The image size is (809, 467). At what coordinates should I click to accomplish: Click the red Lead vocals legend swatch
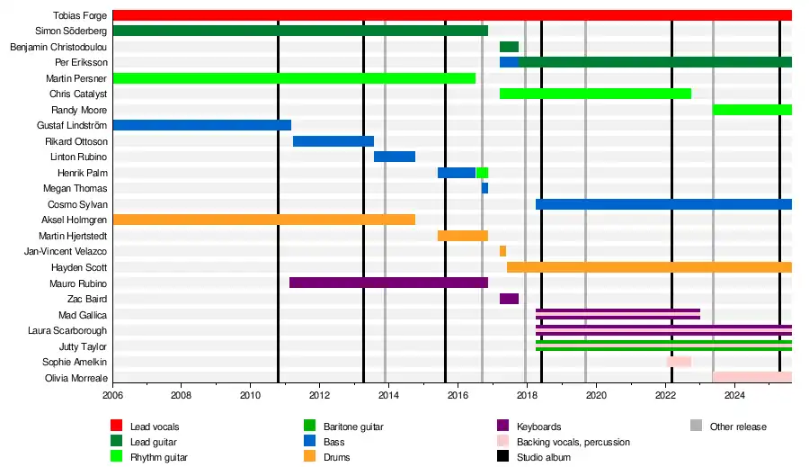pyautogui.click(x=116, y=426)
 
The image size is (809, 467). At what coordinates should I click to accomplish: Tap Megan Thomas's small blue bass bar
pyautogui.click(x=485, y=188)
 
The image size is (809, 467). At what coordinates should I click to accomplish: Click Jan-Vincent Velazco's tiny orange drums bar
pyautogui.click(x=502, y=251)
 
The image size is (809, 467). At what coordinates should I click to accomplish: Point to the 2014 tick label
pyautogui.click(x=388, y=395)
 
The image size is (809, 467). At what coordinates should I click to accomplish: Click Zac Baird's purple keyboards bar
pyautogui.click(x=509, y=299)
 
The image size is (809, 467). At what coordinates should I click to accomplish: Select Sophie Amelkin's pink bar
pyautogui.click(x=679, y=361)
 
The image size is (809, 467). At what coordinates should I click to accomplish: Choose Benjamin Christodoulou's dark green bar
pyautogui.click(x=509, y=47)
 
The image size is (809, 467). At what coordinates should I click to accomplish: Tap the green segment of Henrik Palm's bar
pyautogui.click(x=482, y=173)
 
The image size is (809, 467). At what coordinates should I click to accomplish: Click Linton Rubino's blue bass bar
pyautogui.click(x=395, y=157)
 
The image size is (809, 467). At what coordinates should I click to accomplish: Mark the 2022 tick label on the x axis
pyautogui.click(x=665, y=395)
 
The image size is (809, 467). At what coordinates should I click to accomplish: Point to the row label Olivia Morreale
pyautogui.click(x=76, y=378)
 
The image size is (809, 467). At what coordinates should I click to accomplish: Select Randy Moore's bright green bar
pyautogui.click(x=752, y=110)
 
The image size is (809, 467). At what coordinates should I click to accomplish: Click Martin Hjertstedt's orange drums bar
pyautogui.click(x=463, y=236)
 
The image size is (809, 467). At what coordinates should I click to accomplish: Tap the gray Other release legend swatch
pyautogui.click(x=696, y=426)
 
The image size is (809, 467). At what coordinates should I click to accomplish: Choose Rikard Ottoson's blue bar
pyautogui.click(x=333, y=141)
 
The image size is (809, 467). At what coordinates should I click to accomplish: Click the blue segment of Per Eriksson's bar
pyautogui.click(x=509, y=62)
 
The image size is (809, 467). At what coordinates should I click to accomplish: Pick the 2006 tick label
pyautogui.click(x=112, y=395)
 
